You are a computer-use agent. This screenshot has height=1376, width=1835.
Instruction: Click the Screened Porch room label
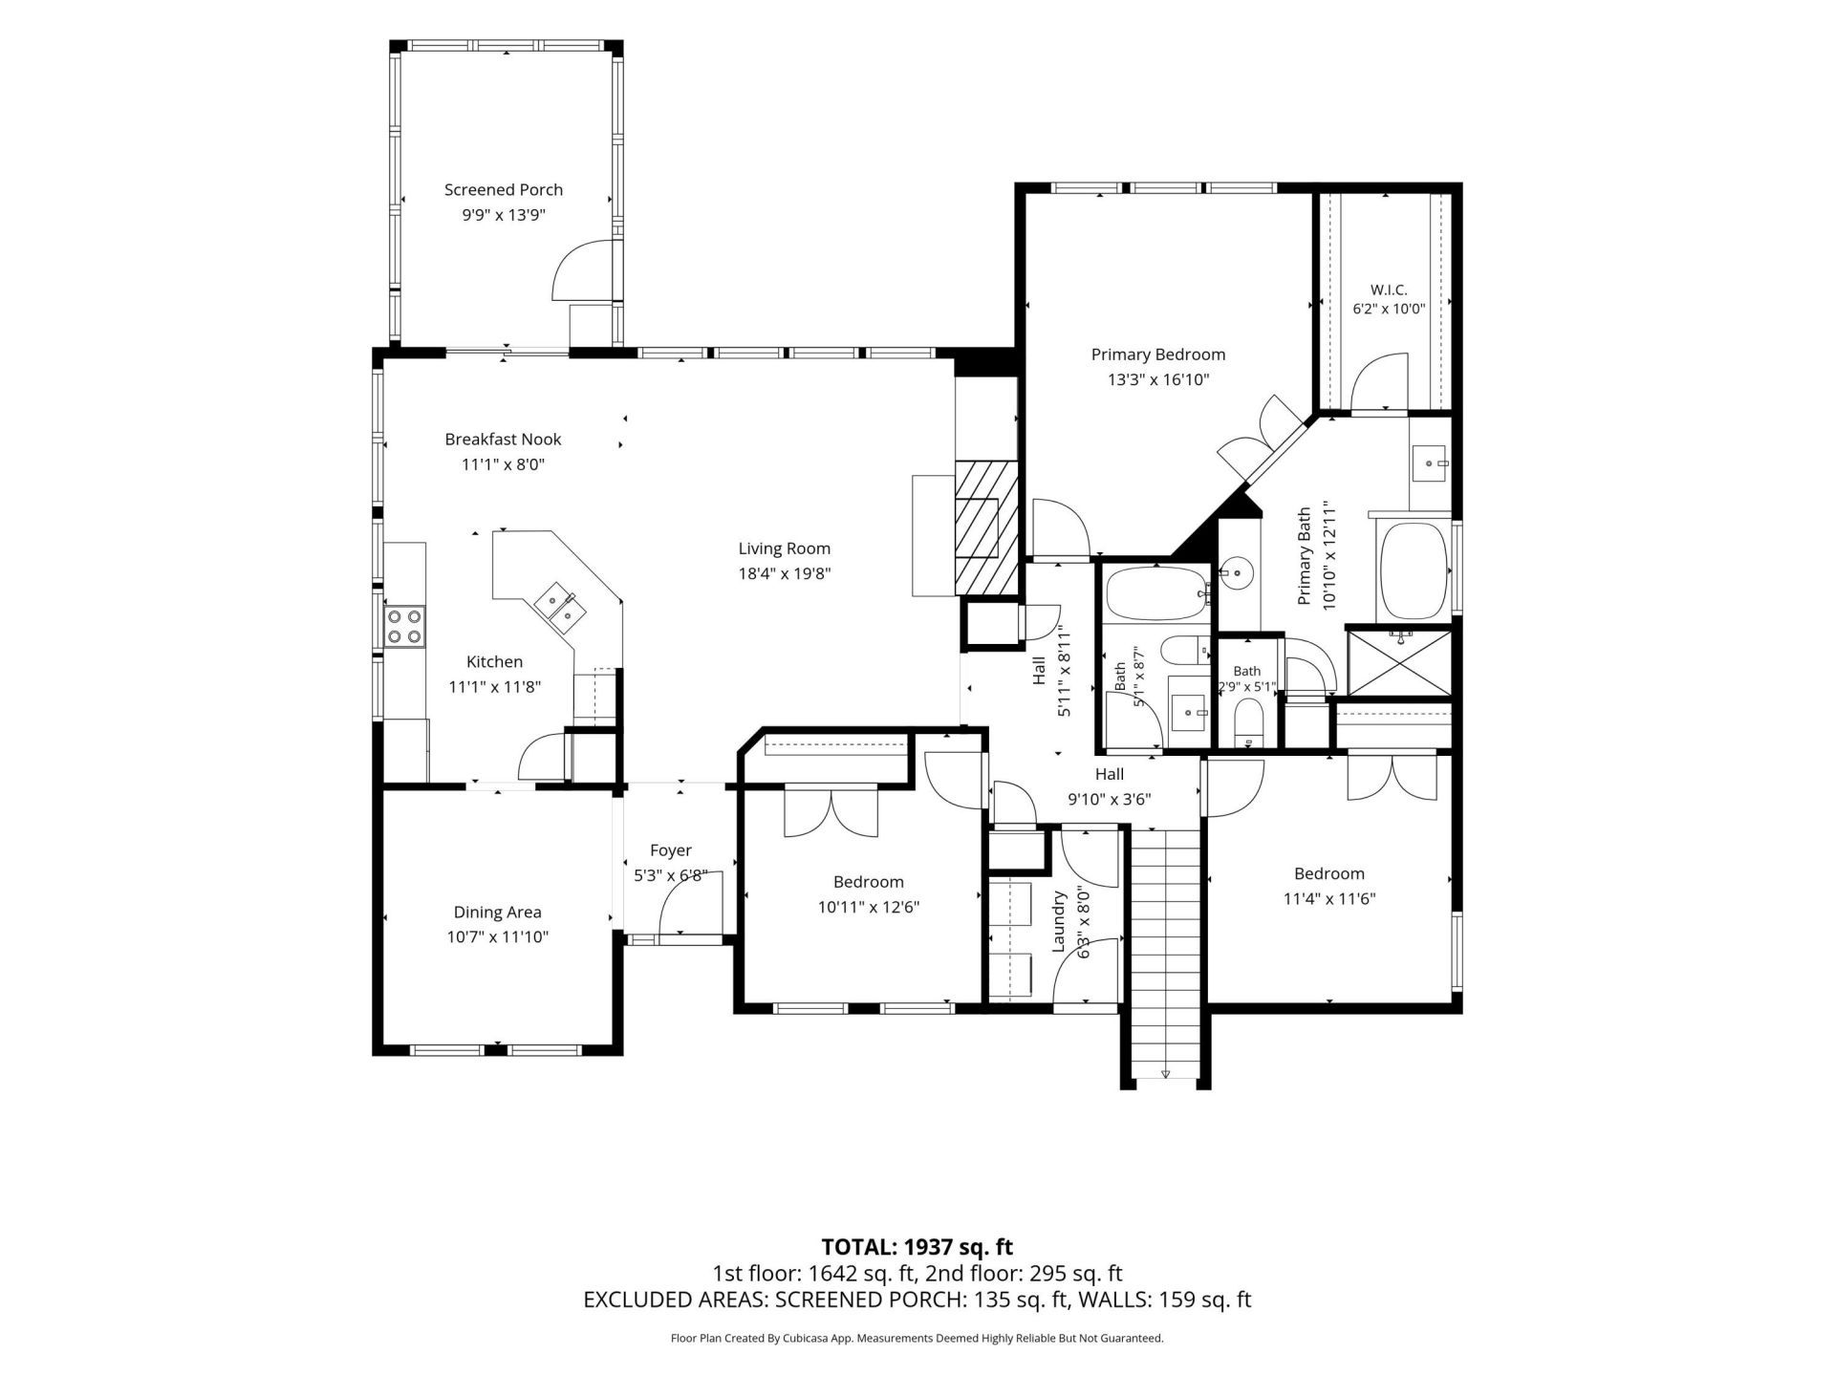(x=504, y=190)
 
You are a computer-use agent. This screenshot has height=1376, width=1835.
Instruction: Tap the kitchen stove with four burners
(x=404, y=626)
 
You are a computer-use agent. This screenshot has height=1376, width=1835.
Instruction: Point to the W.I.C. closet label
(x=1388, y=290)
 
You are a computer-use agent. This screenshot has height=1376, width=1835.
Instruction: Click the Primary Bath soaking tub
(x=1414, y=571)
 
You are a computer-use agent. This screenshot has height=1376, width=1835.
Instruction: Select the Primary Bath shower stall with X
(x=1398, y=662)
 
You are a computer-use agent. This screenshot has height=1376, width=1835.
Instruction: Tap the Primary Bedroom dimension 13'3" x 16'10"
(x=1158, y=379)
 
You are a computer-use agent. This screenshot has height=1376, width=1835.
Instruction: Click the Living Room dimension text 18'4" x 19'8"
(x=784, y=573)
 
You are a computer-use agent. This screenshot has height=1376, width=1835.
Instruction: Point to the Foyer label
(x=670, y=850)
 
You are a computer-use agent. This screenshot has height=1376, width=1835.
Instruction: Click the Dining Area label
(x=497, y=913)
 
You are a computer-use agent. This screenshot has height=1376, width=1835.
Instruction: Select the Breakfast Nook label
(x=503, y=440)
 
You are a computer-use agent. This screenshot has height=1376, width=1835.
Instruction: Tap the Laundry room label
(x=1059, y=921)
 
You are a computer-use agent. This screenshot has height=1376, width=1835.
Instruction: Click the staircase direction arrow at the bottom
(x=1165, y=1074)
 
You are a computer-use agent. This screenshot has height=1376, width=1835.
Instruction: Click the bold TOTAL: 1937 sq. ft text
(x=917, y=1247)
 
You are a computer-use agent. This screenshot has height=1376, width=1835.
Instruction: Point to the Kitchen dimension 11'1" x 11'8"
(x=495, y=686)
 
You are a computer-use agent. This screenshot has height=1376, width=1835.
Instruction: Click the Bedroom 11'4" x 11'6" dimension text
(x=1329, y=898)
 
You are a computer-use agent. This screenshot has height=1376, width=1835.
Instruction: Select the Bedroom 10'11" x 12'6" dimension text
(x=868, y=907)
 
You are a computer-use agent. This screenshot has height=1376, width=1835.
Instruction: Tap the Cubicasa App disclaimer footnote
(x=917, y=1339)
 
